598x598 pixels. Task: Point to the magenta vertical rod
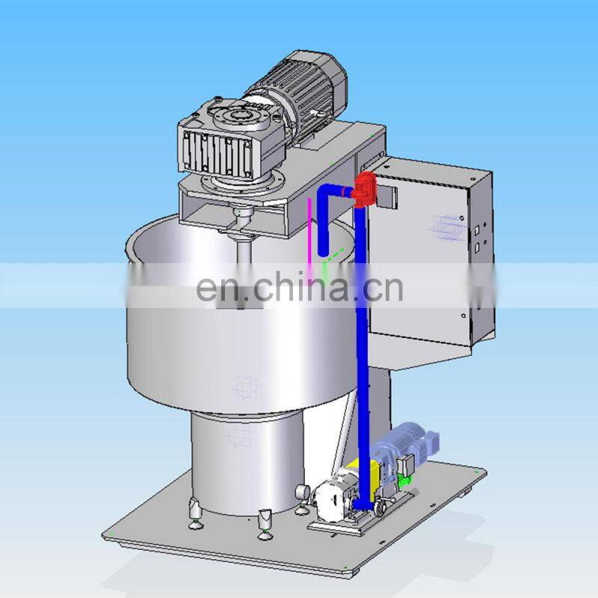click(x=310, y=235)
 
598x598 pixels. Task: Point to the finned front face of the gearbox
click(x=216, y=152)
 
